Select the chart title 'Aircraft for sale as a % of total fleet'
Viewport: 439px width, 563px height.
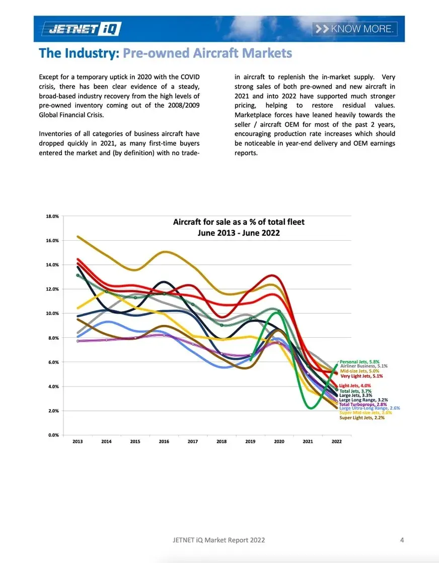click(239, 222)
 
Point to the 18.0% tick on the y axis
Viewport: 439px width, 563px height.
click(53, 216)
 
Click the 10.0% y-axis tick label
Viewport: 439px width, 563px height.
click(53, 313)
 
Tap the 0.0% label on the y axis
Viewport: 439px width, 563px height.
click(54, 435)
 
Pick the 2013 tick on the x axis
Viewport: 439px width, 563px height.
click(78, 442)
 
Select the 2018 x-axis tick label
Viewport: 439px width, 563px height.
click(222, 442)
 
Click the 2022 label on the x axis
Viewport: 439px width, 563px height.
click(336, 442)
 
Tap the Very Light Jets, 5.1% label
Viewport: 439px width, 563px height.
click(362, 376)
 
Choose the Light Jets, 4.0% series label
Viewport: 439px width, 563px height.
click(356, 386)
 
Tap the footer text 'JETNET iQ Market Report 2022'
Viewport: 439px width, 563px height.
click(218, 540)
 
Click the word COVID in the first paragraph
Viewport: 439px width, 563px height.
click(189, 77)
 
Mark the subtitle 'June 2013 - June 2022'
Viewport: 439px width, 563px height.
click(239, 233)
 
